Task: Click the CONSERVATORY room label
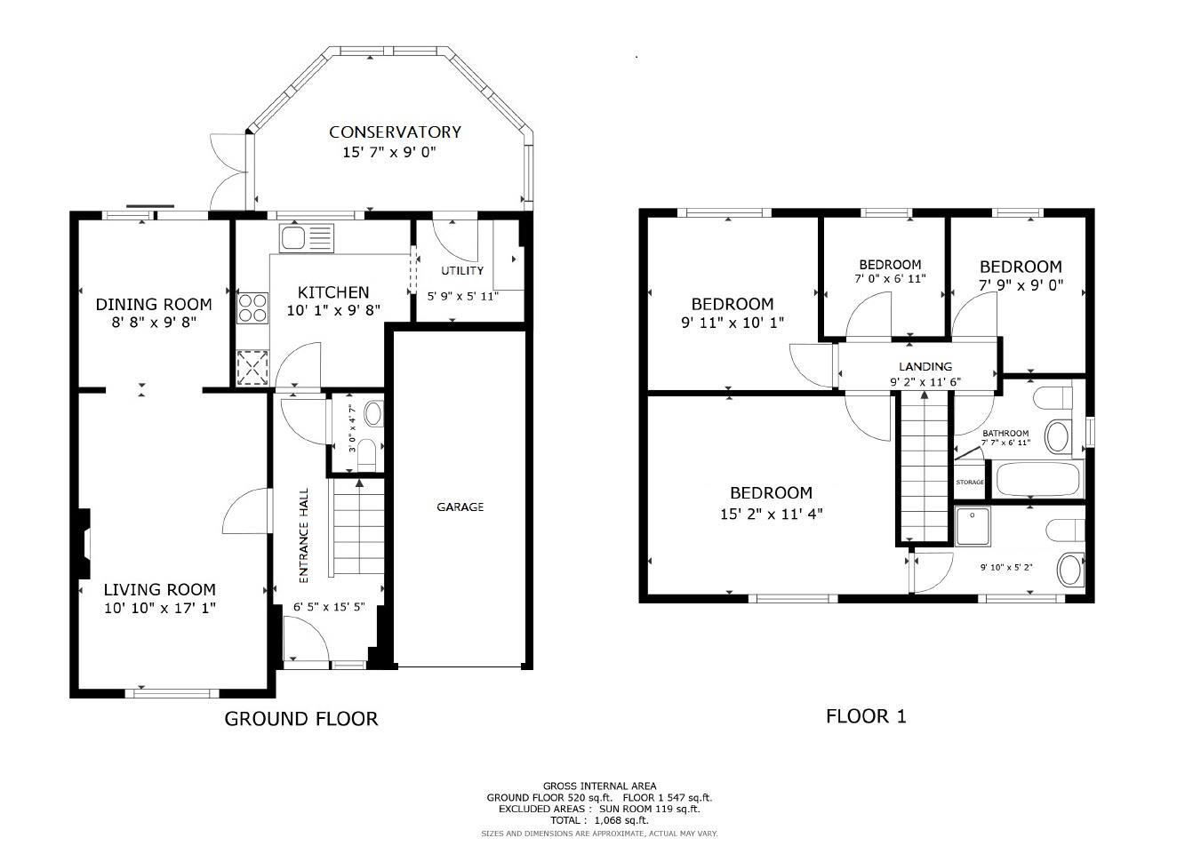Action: [x=395, y=132]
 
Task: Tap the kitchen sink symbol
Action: [x=306, y=237]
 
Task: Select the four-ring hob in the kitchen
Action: [x=252, y=307]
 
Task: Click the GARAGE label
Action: [x=460, y=507]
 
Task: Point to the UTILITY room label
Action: [x=462, y=270]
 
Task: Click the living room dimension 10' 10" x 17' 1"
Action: [x=160, y=609]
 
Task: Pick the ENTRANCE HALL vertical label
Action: [x=303, y=535]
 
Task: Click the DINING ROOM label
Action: [x=154, y=305]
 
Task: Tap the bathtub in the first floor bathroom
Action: [x=1037, y=479]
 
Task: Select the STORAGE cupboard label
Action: [x=970, y=483]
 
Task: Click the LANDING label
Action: [x=925, y=366]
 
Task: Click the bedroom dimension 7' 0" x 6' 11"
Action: [x=890, y=278]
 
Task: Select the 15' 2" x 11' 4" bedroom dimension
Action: [x=771, y=514]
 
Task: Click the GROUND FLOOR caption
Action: [x=300, y=718]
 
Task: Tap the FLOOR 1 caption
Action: [x=866, y=716]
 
